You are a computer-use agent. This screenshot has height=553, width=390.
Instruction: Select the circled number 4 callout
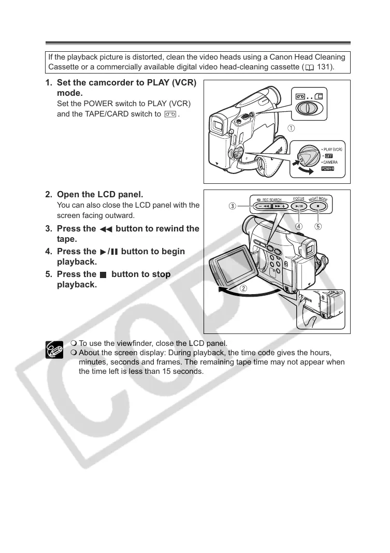299,226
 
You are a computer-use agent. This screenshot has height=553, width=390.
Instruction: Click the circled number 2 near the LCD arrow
242,288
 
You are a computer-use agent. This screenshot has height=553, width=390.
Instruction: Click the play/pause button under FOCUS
299,206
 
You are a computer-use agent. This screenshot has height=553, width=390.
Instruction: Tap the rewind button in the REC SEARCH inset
263,206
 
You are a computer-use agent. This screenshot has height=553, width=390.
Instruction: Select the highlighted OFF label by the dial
328,156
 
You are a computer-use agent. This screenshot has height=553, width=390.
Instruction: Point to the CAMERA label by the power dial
329,162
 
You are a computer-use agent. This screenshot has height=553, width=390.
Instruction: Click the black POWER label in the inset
327,168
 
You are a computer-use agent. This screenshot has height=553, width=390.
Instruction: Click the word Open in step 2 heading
67,195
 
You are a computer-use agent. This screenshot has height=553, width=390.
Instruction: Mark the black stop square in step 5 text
103,275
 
